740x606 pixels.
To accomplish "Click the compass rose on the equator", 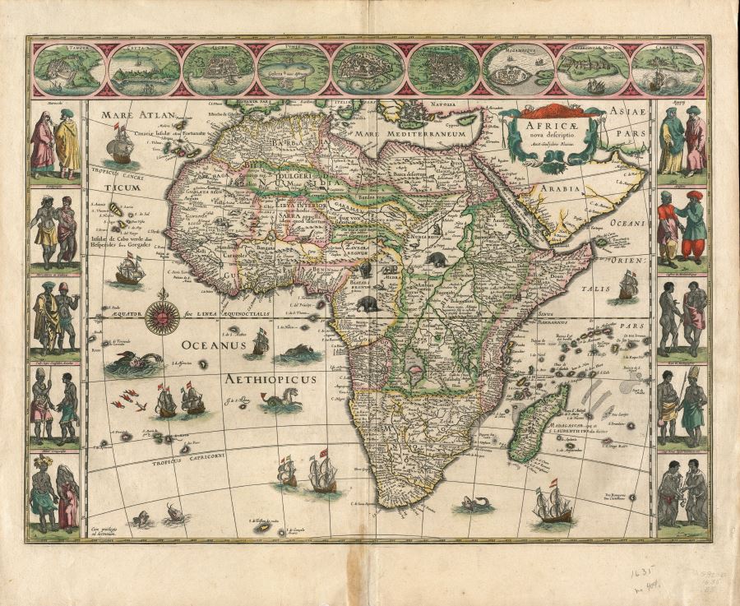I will pos(162,317).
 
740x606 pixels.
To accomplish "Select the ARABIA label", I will pos(561,187).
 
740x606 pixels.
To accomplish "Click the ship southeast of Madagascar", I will pos(552,503).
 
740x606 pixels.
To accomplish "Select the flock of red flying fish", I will pos(132,401).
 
